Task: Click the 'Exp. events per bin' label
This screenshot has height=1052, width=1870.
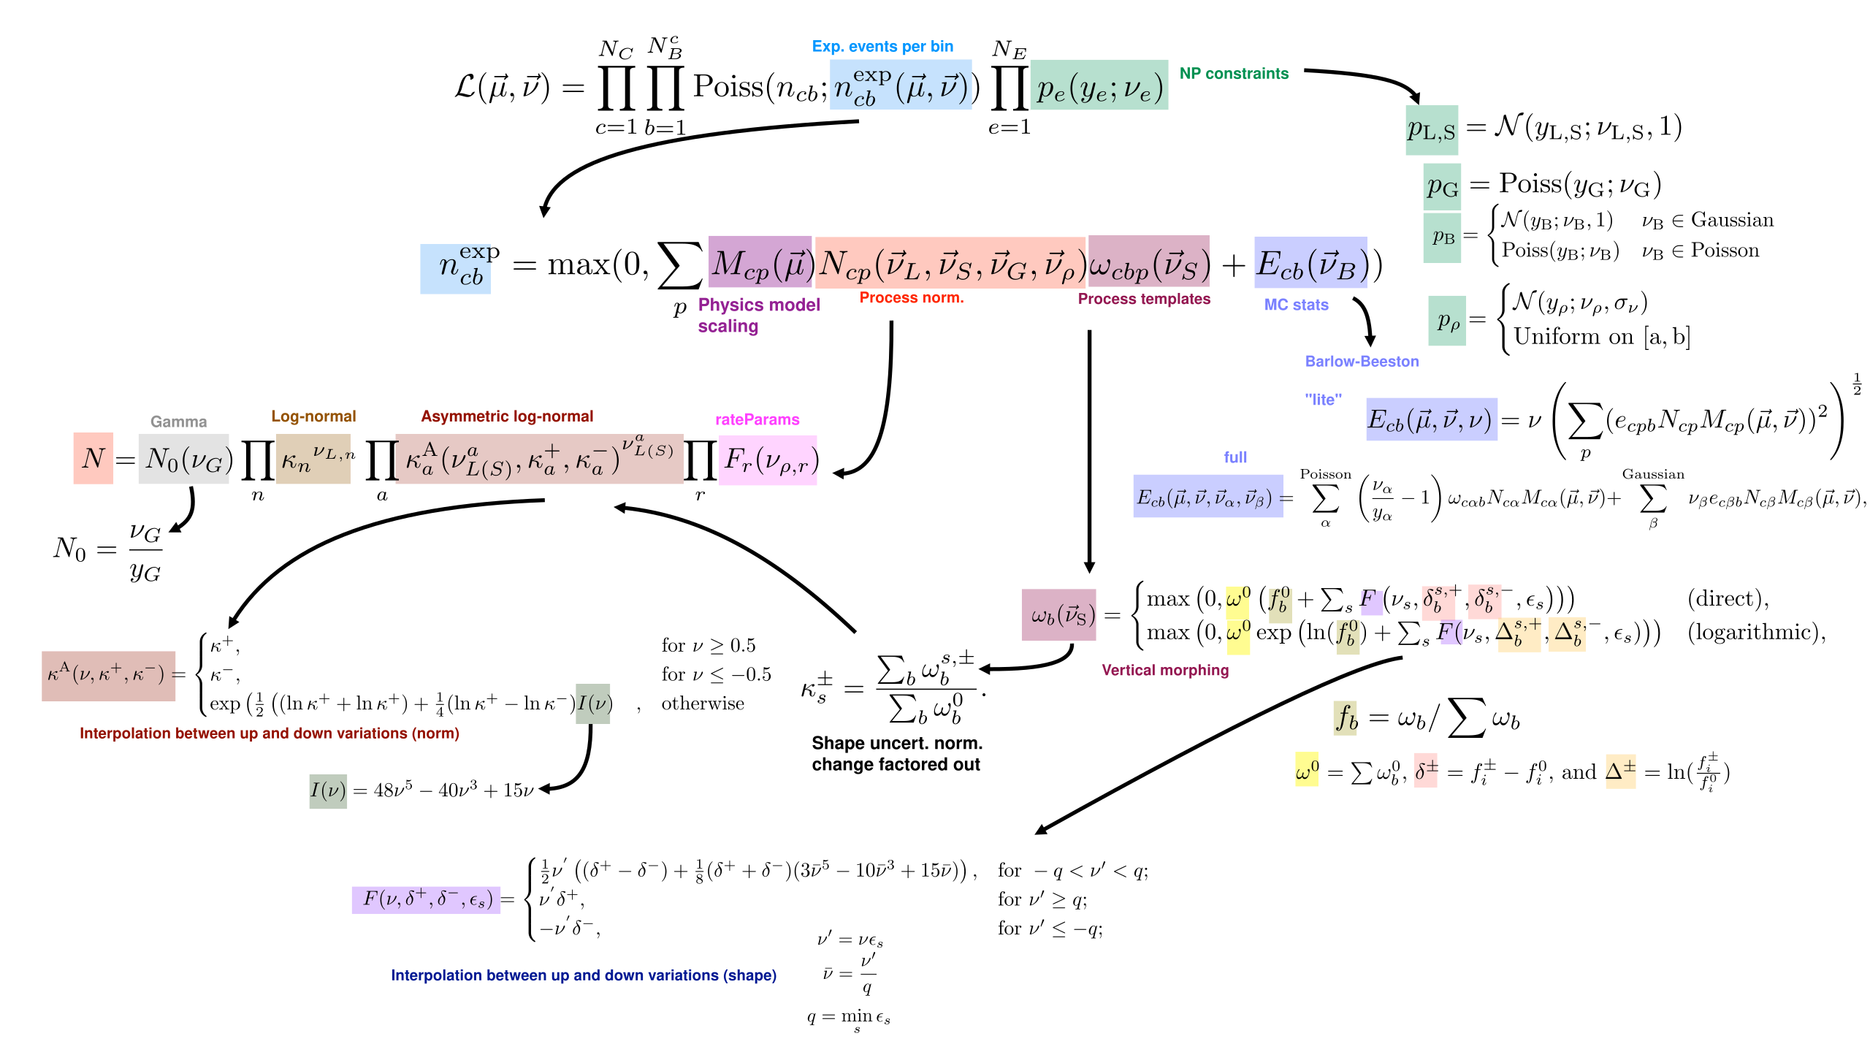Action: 882,47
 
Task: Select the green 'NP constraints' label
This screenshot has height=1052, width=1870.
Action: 1234,74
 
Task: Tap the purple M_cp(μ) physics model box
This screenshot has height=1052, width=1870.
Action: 760,262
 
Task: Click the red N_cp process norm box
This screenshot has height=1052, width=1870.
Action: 950,263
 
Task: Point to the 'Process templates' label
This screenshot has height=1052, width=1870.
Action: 1144,299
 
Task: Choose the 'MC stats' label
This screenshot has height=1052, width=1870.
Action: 1296,305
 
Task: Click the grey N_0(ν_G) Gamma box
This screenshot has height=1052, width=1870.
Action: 184,459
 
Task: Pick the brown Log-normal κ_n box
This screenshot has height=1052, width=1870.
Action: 313,459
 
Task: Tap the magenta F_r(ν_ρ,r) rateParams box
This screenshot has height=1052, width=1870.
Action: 768,460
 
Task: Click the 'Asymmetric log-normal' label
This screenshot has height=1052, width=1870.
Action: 507,416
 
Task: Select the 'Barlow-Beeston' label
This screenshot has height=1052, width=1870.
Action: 1362,362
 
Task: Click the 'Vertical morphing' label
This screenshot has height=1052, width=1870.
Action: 1165,671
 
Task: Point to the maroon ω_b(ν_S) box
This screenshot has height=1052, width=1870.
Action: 1058,615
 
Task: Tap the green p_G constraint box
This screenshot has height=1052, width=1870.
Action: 1442,186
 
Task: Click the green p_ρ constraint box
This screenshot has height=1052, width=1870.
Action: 1447,321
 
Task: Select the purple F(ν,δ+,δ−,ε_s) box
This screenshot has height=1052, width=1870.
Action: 426,899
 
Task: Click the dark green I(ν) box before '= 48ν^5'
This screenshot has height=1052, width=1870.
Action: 328,790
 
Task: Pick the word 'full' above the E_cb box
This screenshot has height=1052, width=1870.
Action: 1235,457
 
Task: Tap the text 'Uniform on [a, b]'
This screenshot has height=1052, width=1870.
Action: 1601,337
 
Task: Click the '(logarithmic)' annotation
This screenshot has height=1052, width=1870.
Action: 1755,632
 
